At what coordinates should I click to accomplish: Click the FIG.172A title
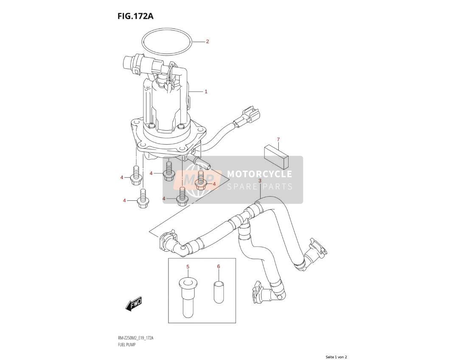(135, 16)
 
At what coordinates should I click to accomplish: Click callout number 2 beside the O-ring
(208, 41)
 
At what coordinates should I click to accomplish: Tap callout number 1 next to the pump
(206, 92)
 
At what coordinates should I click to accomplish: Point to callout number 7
(278, 139)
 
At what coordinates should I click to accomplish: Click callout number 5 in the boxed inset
(188, 267)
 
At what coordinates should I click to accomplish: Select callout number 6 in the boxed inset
(219, 267)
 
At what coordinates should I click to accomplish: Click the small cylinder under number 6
(219, 292)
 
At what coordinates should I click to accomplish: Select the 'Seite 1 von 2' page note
(337, 357)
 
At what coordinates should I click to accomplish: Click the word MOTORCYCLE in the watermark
(259, 174)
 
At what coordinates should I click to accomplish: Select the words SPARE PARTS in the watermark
(260, 187)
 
